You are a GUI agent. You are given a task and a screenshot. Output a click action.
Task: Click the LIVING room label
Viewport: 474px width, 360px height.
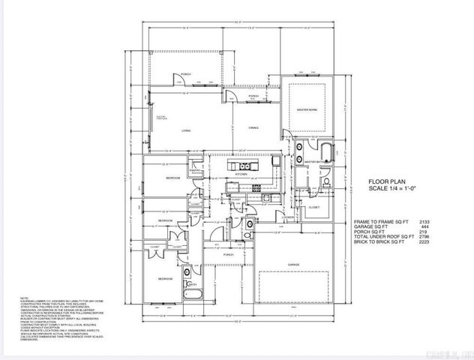click(185, 130)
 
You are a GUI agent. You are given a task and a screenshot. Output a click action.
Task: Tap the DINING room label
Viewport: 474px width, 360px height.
click(253, 128)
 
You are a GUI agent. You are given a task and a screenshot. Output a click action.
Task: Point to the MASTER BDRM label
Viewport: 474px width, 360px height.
click(307, 110)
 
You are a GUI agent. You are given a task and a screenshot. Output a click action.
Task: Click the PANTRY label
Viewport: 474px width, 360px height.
click(193, 172)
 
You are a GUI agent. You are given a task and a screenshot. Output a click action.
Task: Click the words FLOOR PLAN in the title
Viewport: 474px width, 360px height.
click(385, 182)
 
